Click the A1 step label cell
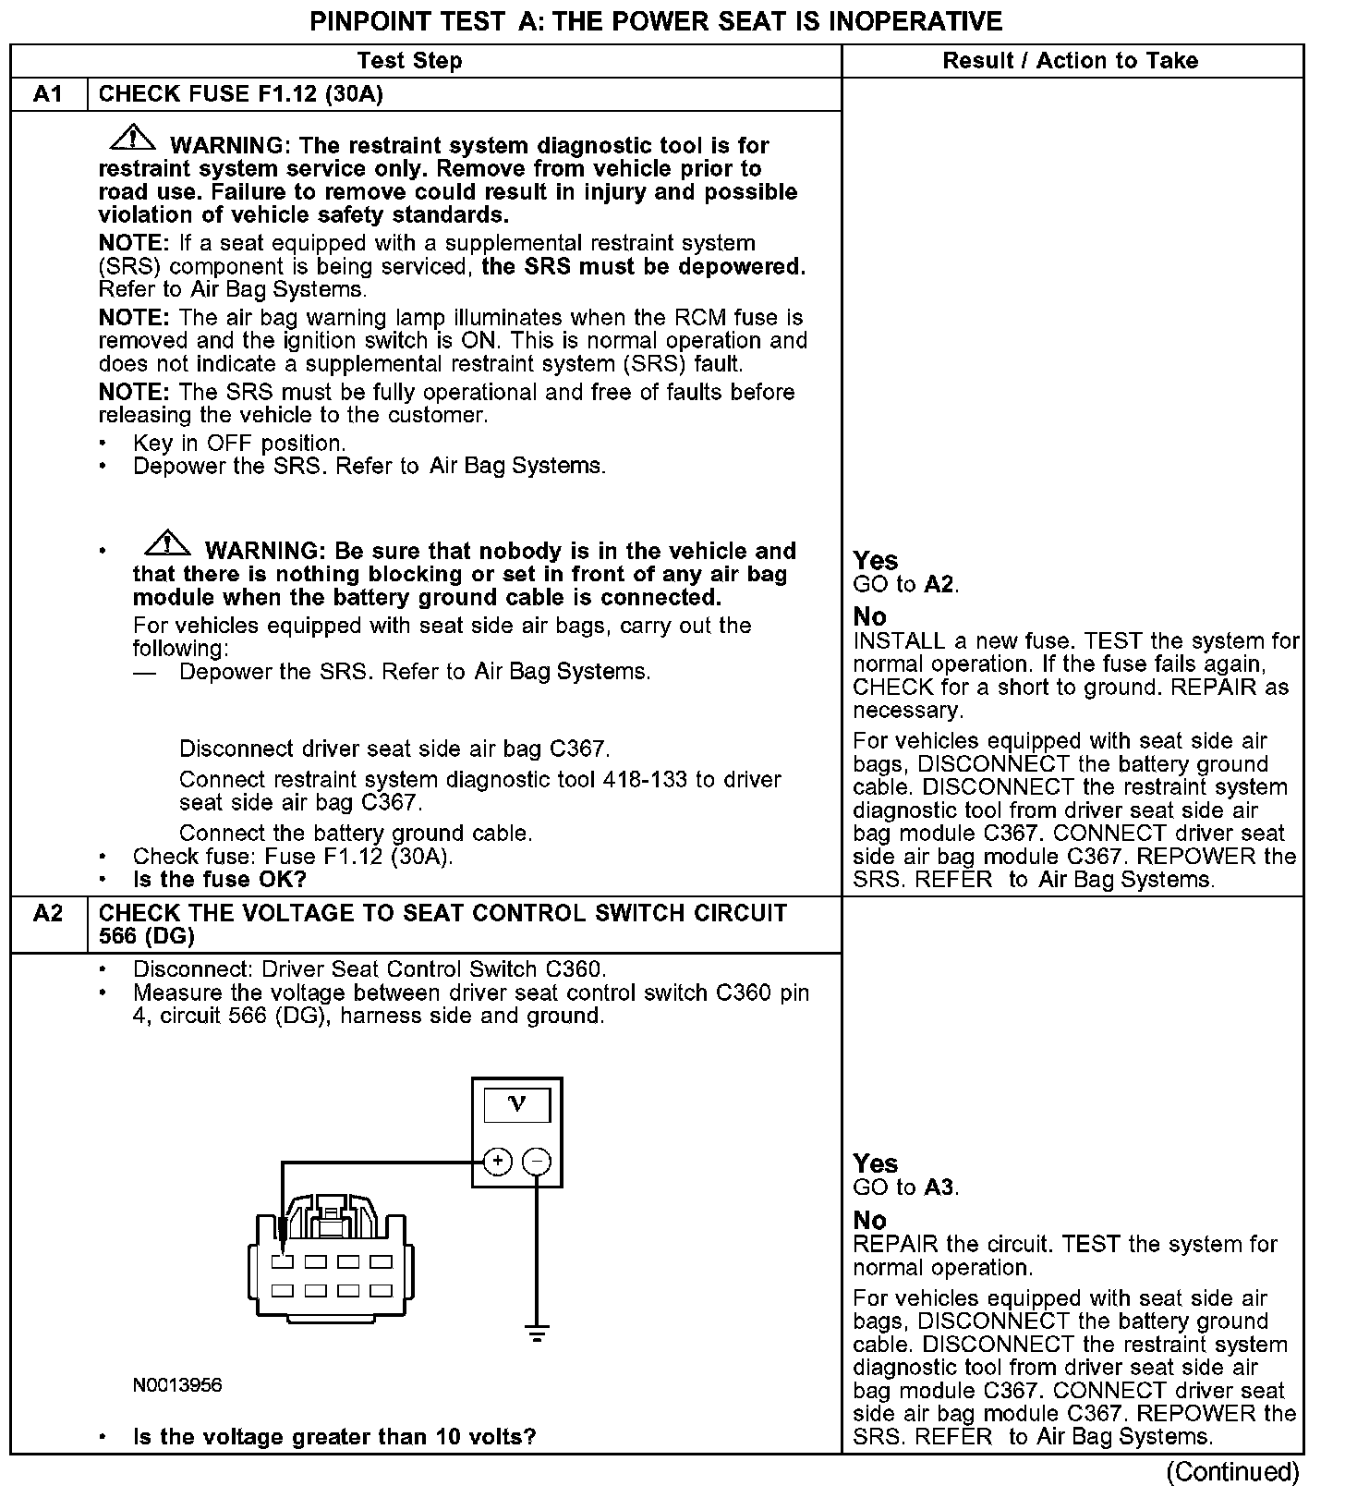(48, 94)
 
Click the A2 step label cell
(48, 914)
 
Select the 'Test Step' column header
(409, 61)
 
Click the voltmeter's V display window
(516, 1105)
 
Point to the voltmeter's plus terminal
(497, 1162)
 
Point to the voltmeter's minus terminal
(538, 1162)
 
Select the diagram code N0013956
(177, 1385)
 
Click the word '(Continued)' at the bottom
(1232, 1471)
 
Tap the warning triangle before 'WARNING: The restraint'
(133, 138)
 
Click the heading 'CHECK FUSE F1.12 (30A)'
(240, 94)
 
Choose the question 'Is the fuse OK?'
(219, 879)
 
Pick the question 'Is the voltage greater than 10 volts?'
(334, 1437)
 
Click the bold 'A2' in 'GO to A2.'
(939, 584)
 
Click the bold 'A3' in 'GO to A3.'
(939, 1187)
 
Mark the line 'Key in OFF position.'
(239, 443)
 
